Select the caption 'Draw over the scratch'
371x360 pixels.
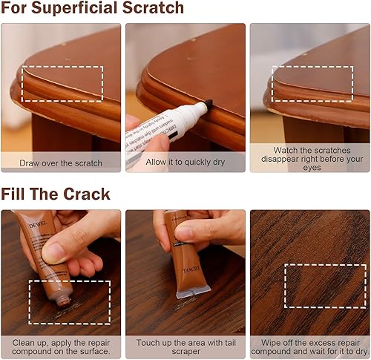click(61, 161)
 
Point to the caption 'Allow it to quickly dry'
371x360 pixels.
click(185, 161)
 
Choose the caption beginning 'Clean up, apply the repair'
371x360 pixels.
click(61, 347)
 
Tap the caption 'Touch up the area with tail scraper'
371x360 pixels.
click(185, 343)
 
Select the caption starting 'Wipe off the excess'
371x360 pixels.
click(309, 347)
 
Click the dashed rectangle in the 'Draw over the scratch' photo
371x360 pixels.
click(62, 84)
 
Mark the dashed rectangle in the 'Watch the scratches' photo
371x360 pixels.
click(312, 84)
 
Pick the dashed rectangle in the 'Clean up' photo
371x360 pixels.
click(69, 302)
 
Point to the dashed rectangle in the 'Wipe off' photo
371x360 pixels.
click(325, 285)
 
